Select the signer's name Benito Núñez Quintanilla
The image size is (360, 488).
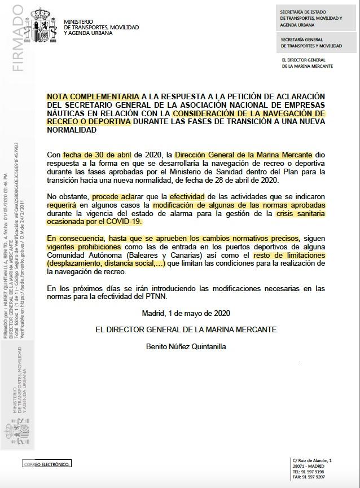[x=186, y=346]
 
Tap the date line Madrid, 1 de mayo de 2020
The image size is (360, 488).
[x=186, y=313]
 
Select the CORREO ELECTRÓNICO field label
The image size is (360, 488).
[x=47, y=464]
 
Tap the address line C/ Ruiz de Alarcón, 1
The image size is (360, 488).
[x=312, y=461]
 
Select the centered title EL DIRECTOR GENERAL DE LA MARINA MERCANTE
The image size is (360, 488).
[x=186, y=329]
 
